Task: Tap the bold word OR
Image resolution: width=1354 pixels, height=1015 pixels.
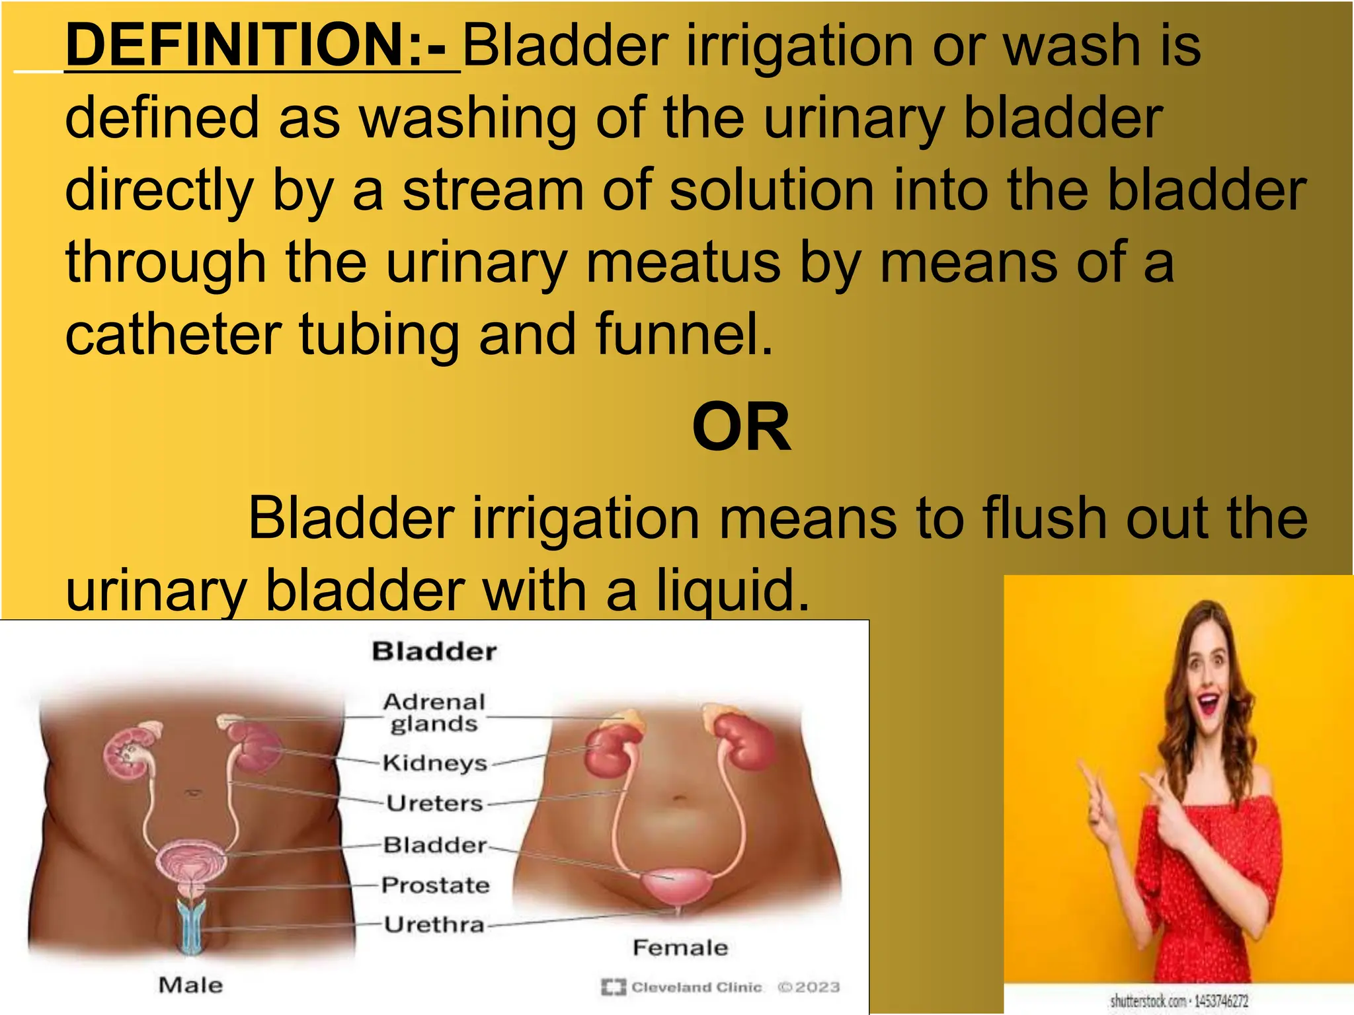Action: coord(741,428)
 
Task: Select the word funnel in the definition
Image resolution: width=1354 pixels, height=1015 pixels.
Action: coord(684,334)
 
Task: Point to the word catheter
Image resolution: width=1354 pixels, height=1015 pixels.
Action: coord(173,334)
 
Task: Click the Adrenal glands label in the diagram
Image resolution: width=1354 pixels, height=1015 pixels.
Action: coord(434,712)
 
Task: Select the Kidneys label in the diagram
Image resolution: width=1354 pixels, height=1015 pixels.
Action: coord(435,763)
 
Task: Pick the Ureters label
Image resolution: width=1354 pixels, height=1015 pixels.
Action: coord(435,804)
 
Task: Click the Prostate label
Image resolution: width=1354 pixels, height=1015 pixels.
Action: coord(436,885)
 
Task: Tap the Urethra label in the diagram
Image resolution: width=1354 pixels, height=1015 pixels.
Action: coord(434,924)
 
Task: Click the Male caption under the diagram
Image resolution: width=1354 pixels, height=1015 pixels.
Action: coord(190,985)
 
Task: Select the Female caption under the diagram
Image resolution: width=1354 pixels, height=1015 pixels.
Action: coord(680,948)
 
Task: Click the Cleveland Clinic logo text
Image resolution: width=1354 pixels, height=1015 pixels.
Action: coord(696,987)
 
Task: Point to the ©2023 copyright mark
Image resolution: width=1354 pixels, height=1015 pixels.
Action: coord(809,987)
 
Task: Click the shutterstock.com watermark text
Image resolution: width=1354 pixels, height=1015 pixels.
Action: coord(1179,1001)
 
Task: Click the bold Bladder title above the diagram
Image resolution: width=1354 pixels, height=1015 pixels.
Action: coord(434,652)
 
